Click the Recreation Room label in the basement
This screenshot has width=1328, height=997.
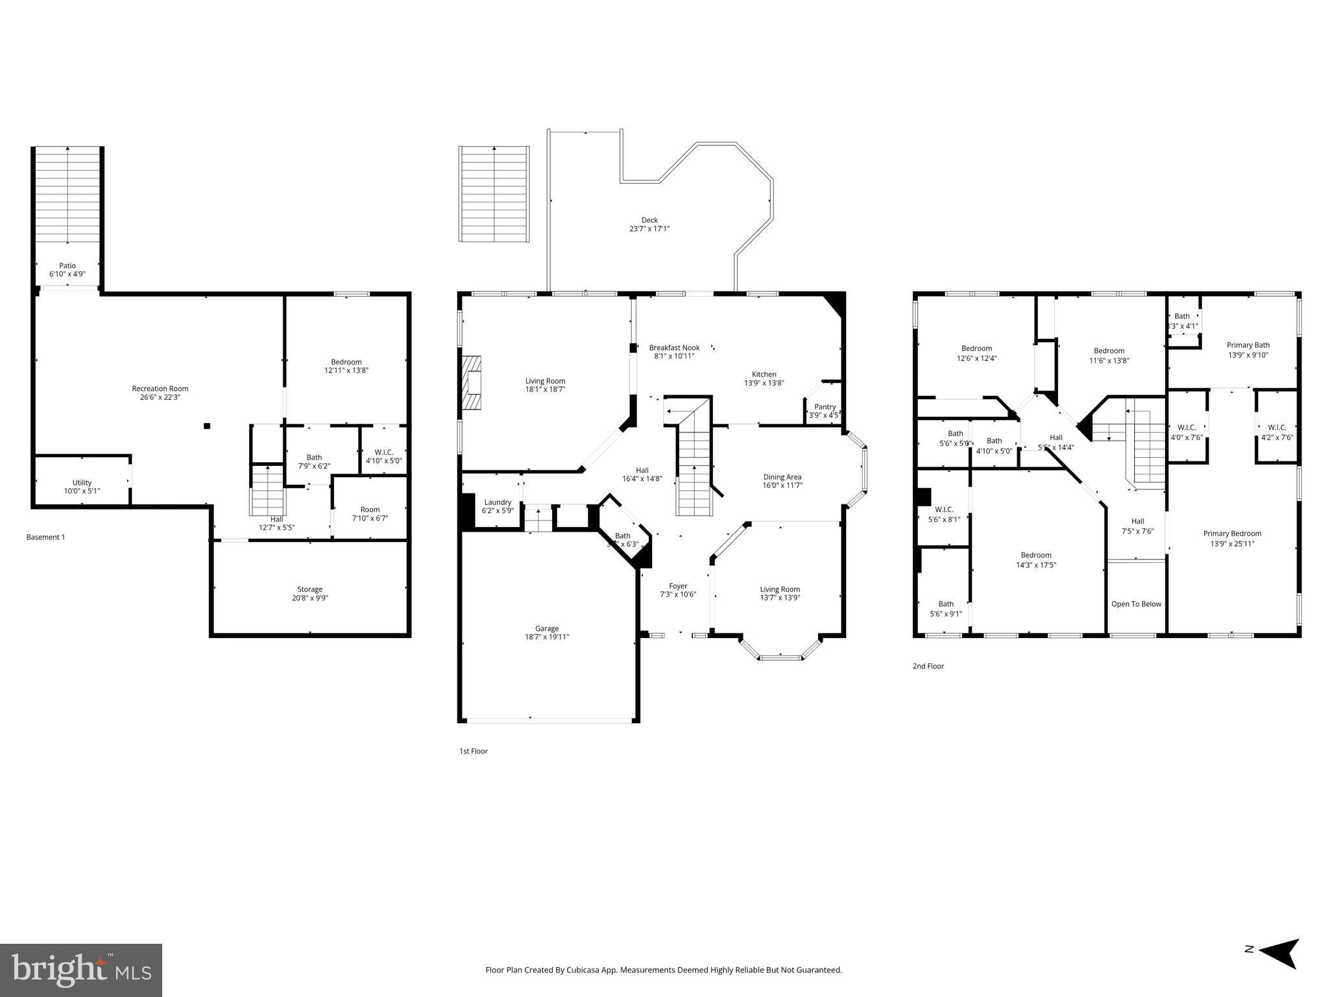(160, 389)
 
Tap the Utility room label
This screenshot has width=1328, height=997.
(82, 482)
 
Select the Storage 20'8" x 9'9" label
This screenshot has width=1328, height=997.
(309, 594)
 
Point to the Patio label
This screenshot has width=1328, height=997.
(67, 265)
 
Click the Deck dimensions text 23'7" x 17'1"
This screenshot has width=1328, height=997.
(649, 228)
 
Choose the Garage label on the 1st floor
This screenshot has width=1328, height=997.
(547, 628)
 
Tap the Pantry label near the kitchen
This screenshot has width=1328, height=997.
(825, 407)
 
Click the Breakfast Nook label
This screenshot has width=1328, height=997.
(674, 348)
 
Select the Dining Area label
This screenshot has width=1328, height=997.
(782, 477)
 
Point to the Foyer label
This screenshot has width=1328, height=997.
(678, 586)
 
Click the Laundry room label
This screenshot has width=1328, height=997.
(498, 502)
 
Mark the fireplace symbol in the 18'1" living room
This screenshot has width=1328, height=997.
(472, 382)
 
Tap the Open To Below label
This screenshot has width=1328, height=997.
(1136, 604)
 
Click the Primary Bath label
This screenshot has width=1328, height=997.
(1248, 345)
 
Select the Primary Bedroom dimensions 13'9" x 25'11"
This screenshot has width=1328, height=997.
(1232, 544)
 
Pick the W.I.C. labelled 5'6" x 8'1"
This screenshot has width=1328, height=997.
(944, 514)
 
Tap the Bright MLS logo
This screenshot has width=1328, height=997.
(81, 970)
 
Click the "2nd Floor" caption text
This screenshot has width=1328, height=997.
(928, 666)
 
